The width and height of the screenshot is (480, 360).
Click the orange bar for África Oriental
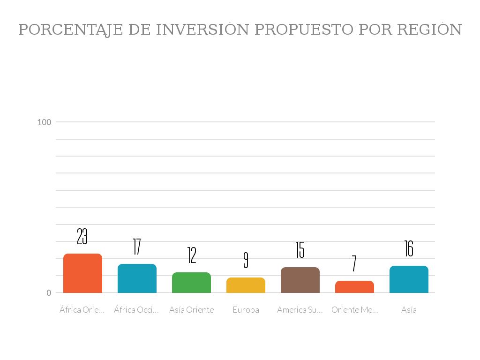[82, 273]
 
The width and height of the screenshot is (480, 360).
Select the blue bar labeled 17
[137, 278]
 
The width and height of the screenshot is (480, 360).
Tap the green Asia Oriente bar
[191, 283]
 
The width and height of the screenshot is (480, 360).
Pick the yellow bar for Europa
[246, 285]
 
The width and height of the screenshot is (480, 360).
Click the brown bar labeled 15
[300, 280]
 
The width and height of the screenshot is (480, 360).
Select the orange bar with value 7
[354, 287]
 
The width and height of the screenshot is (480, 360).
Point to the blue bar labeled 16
[409, 279]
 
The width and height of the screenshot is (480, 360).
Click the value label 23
[82, 237]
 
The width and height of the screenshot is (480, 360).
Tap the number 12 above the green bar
[191, 255]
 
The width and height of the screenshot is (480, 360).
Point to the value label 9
[246, 260]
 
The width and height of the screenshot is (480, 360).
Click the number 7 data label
[354, 263]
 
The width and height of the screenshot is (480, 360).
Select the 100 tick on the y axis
[44, 122]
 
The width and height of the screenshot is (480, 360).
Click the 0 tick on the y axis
[49, 293]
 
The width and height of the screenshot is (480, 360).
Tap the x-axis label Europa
[246, 310]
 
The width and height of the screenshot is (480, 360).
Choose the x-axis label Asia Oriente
[191, 310]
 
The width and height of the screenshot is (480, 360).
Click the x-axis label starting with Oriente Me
[354, 310]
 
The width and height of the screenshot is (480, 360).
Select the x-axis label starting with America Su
[300, 310]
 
